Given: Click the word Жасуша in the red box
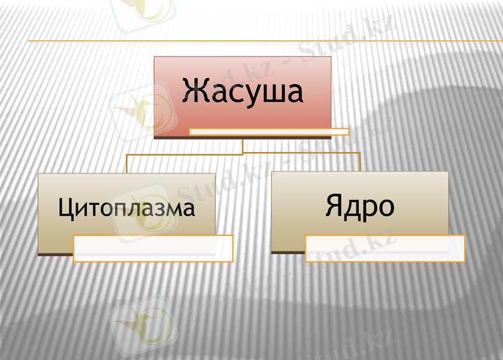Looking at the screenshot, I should coord(243,90).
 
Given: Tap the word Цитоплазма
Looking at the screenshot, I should coord(126,208).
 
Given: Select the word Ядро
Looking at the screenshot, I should coord(360,205).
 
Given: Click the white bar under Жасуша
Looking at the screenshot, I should coord(269,132).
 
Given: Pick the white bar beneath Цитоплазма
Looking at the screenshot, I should coord(153,248).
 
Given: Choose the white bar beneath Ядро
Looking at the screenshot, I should coord(385,248).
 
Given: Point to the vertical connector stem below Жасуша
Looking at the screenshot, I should coord(243,146).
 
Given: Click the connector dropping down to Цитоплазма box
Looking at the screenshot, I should coord(126,163).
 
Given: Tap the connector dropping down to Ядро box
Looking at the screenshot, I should coord(360,161).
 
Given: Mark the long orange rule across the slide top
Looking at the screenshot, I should coord(251,41).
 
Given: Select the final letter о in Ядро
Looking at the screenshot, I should coord(385,208).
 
